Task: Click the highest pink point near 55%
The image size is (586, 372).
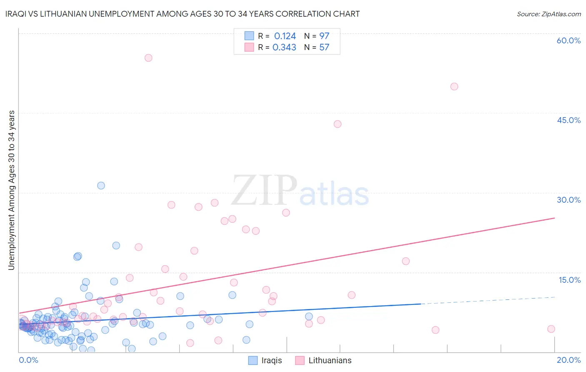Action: coord(148,58)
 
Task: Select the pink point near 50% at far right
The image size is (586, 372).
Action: coord(454,86)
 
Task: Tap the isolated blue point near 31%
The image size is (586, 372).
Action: coord(101,186)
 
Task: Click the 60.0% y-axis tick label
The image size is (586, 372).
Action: coord(568,40)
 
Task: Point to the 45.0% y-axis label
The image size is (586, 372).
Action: coord(568,120)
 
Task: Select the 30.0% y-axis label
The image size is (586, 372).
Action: coord(568,200)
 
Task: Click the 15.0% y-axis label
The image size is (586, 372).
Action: coord(569,279)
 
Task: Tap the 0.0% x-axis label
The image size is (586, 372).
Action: coord(28,360)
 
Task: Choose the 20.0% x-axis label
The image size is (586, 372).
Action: coord(568,360)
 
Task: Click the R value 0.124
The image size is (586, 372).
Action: coord(285,36)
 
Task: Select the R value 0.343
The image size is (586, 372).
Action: coord(284,48)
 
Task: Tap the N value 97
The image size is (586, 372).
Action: coord(324,36)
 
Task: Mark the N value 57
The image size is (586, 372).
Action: coord(324,48)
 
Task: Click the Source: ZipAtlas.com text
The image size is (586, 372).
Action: coord(548,14)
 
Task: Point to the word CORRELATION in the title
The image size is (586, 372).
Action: coord(298,14)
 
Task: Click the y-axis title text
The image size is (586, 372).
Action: coord(11,190)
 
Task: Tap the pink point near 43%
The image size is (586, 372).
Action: coord(338,124)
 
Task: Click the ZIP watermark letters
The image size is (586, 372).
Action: coord(264,191)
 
